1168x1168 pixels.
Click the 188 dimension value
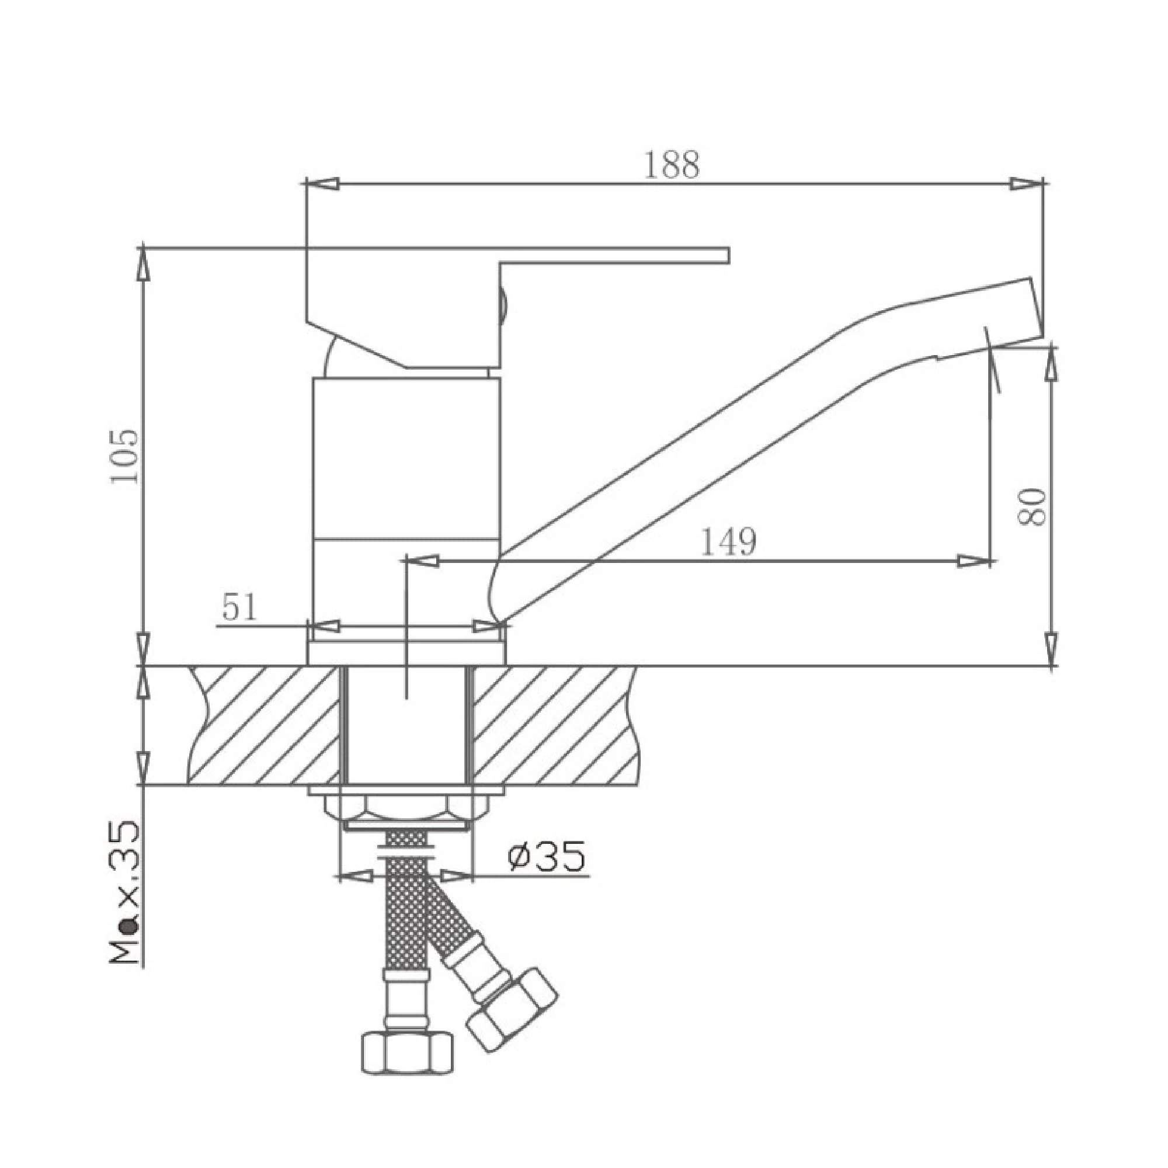[672, 165]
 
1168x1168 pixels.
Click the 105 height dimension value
[125, 457]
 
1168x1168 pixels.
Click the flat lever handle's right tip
[728, 256]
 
